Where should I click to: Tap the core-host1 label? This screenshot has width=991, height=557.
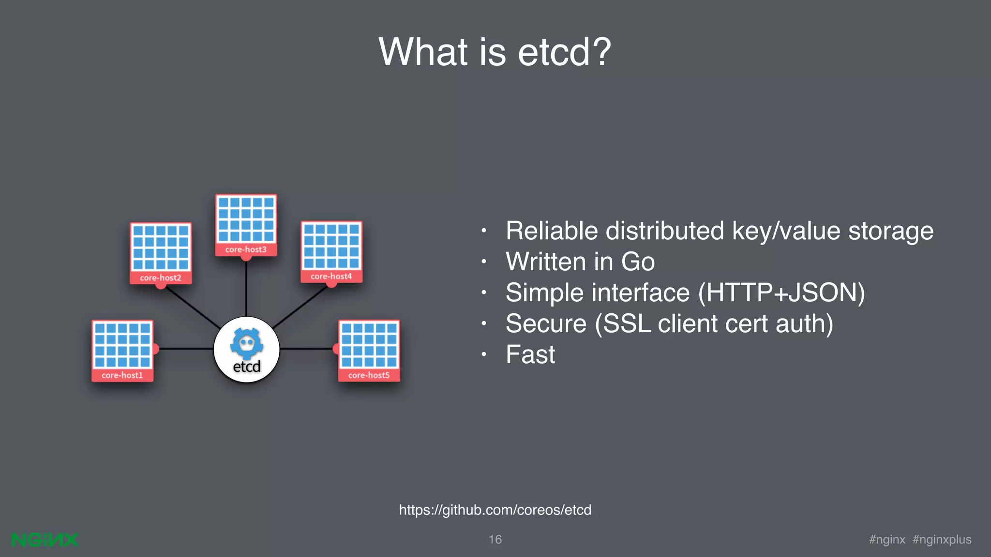tap(122, 375)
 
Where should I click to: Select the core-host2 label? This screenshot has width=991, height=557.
tap(161, 278)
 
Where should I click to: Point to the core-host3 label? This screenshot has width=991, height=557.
tap(246, 249)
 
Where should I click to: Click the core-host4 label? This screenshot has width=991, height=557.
tap(331, 276)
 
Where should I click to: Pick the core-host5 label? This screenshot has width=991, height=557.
tap(369, 375)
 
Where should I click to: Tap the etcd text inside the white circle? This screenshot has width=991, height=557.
tap(247, 366)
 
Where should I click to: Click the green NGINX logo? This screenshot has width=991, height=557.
tap(45, 540)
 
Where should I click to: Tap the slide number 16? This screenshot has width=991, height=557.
tap(495, 540)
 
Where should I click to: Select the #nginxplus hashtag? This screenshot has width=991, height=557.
tap(942, 540)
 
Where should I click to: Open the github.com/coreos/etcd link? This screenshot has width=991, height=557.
tap(495, 510)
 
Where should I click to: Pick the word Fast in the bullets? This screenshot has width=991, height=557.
tap(530, 354)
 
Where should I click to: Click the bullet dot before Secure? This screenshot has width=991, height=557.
tap(483, 323)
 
